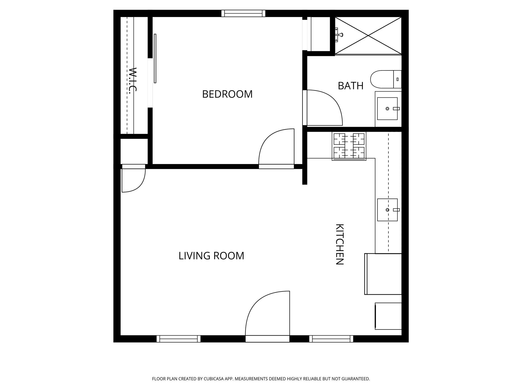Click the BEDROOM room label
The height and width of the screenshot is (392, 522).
pyautogui.click(x=227, y=94)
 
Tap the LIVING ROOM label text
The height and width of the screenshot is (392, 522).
pyautogui.click(x=211, y=256)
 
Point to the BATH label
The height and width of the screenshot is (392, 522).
pyautogui.click(x=350, y=86)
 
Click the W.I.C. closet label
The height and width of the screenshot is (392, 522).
pyautogui.click(x=133, y=80)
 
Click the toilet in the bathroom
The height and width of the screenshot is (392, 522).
pyautogui.click(x=385, y=79)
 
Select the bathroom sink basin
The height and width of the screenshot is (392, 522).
pyautogui.click(x=387, y=108)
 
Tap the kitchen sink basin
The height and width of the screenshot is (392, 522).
pyautogui.click(x=387, y=210)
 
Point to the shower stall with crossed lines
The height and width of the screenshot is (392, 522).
pyautogui.click(x=368, y=36)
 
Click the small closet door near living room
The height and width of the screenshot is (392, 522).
pyautogui.click(x=133, y=179)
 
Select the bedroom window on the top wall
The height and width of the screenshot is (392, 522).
pyautogui.click(x=243, y=13)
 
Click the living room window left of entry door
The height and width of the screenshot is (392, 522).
pyautogui.click(x=178, y=339)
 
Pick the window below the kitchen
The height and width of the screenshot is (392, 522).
pyautogui.click(x=331, y=339)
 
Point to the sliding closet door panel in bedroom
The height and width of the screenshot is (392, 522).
pyautogui.click(x=155, y=58)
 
